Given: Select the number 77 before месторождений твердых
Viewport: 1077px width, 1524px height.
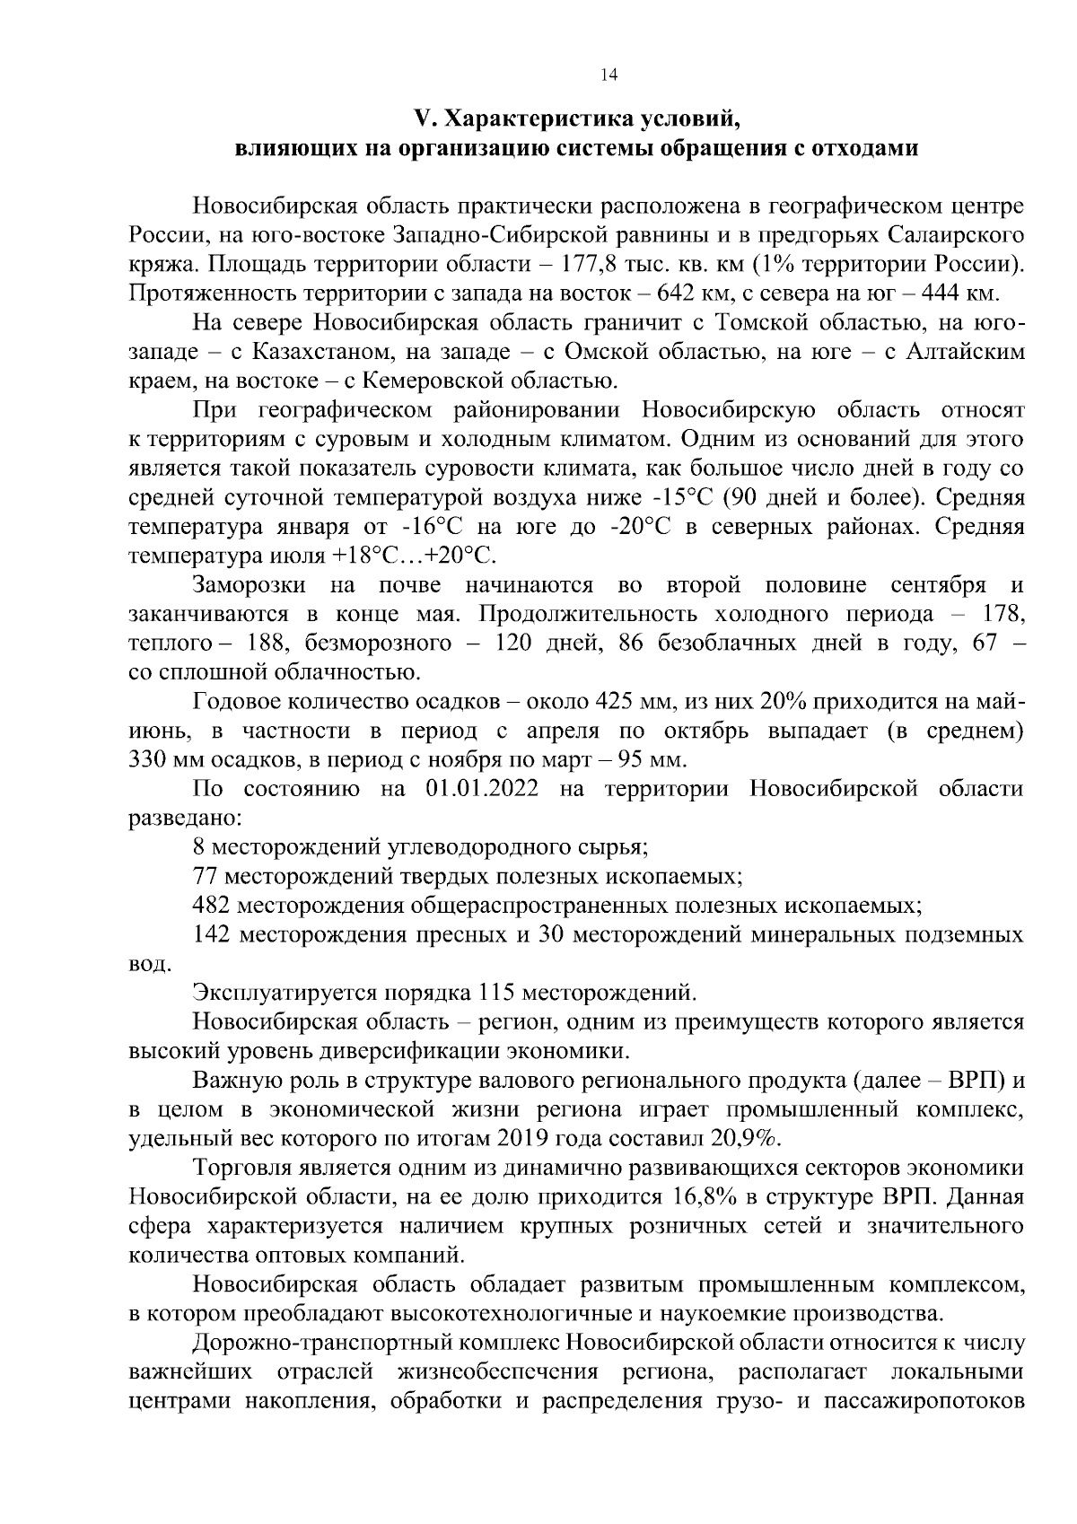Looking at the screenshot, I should pos(206,875).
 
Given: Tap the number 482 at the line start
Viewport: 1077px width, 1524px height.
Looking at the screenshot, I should pos(212,904).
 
